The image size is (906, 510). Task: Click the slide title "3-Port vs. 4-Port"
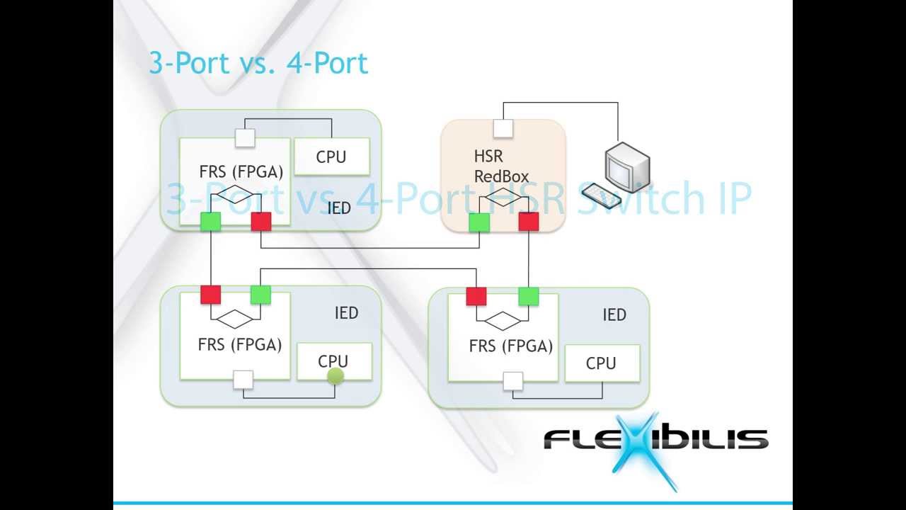[258, 63]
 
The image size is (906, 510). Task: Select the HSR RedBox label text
[501, 166]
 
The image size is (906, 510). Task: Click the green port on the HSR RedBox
[479, 222]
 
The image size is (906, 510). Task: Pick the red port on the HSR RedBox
[529, 222]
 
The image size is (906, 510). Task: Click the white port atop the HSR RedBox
[503, 128]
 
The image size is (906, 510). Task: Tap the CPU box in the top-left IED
[331, 157]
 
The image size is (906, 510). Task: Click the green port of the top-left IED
[210, 222]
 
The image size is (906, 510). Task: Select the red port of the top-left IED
[261, 222]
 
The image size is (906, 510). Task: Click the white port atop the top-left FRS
[245, 137]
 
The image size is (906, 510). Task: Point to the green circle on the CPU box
[336, 376]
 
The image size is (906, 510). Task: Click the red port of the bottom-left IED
[210, 295]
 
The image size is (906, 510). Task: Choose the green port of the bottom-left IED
[260, 295]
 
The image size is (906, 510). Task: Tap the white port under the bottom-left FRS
[243, 380]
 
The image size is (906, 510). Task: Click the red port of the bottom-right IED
[476, 296]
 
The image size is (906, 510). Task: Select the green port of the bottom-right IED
[528, 296]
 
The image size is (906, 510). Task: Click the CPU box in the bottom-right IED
[602, 363]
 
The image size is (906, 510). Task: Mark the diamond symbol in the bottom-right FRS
[503, 321]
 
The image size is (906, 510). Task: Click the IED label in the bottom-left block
[346, 313]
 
